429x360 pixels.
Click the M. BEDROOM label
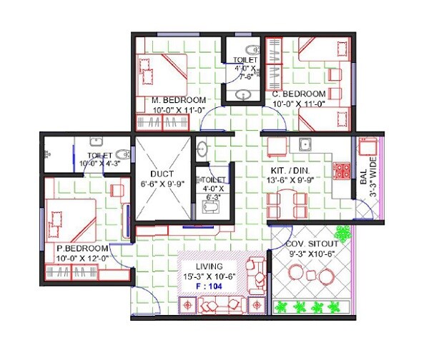(x=178, y=100)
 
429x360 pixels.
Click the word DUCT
(x=159, y=174)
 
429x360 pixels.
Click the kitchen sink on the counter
(x=305, y=145)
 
